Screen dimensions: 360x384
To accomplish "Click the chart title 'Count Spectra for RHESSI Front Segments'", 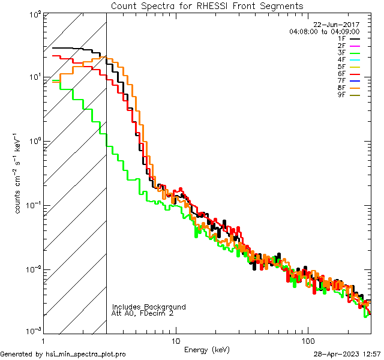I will tap(207, 6).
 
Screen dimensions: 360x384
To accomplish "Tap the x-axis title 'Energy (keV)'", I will tap(206, 349).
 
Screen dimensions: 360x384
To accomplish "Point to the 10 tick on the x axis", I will tap(175, 340).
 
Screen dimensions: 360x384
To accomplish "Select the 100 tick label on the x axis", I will tap(307, 340).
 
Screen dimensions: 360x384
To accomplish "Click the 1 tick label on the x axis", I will tap(43, 340).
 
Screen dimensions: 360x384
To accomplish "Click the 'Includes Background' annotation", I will tap(149, 307).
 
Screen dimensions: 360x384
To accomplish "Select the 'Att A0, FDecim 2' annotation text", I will tap(142, 313).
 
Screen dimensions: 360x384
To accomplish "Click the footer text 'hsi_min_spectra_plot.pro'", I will tap(86, 355).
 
